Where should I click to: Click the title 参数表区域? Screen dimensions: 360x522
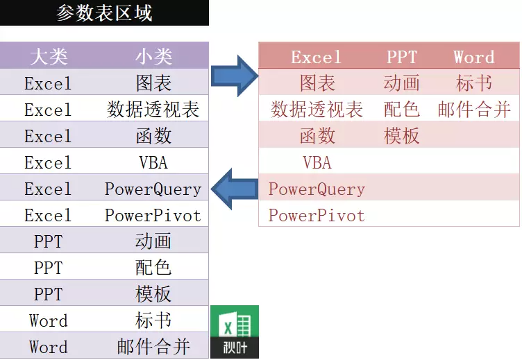coord(104,13)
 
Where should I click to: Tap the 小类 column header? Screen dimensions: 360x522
coord(153,57)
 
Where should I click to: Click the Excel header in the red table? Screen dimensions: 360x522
coord(317,57)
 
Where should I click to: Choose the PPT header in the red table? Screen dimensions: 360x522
coord(402,57)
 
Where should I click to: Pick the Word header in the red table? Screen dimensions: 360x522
coord(474,57)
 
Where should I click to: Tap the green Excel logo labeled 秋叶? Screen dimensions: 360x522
coord(235,331)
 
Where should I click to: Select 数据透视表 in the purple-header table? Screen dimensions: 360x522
coord(153,110)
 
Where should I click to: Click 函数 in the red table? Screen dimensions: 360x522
coord(317,136)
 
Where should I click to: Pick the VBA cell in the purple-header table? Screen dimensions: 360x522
coord(153,162)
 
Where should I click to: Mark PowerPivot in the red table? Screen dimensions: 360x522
coord(317,215)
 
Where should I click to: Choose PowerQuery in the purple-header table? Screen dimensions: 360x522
coord(153,189)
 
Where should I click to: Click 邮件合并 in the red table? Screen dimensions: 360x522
coord(474,110)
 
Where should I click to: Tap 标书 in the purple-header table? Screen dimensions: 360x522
coord(153,320)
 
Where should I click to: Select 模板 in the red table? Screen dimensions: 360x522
coord(402,136)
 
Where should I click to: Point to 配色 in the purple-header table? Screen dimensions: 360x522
coord(153,268)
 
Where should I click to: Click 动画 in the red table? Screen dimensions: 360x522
coord(402,83)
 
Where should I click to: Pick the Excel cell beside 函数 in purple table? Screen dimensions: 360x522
coord(48,136)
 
